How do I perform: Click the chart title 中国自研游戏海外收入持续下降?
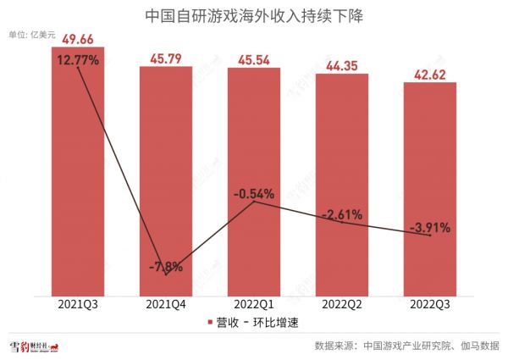pos(254,15)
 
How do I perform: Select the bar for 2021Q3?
pos(78,169)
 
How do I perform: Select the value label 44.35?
pos(343,66)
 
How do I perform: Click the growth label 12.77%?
pos(78,60)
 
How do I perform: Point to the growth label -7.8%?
pos(166,269)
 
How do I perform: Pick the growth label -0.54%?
pos(255,194)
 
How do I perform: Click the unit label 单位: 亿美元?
pos(31,35)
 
